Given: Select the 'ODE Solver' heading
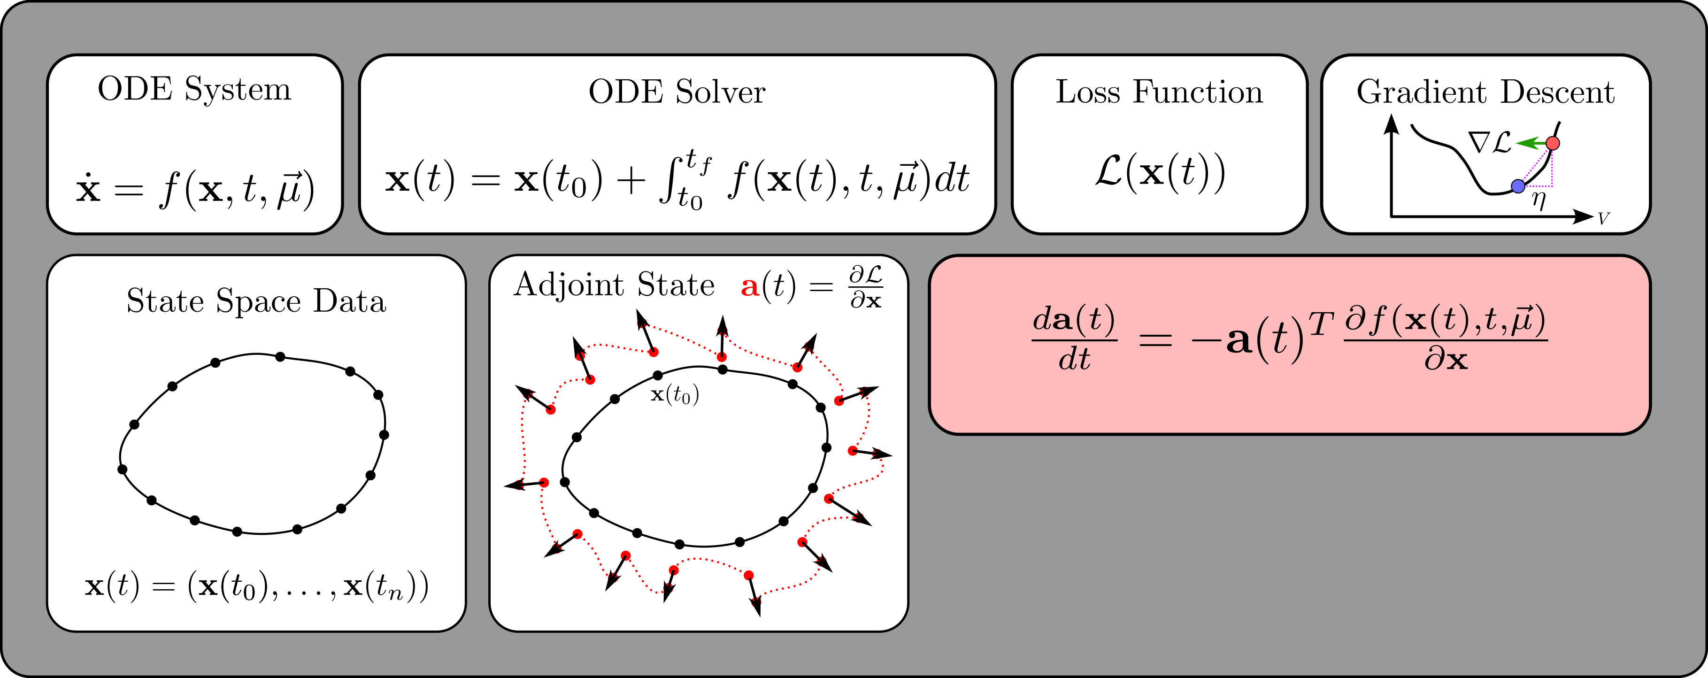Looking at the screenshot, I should click(x=677, y=92).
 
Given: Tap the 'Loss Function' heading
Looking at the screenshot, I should click(x=1159, y=92).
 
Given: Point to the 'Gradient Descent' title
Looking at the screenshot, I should click(x=1485, y=92).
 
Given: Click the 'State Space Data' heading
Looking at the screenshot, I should click(x=256, y=301).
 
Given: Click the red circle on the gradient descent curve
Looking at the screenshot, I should click(x=1553, y=143).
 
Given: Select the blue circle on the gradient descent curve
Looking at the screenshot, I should click(x=1518, y=186).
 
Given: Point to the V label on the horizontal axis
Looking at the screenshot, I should click(x=1603, y=218).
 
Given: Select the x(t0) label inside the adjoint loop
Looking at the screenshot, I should click(x=674, y=395).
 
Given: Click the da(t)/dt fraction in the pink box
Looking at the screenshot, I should click(x=1074, y=339).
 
